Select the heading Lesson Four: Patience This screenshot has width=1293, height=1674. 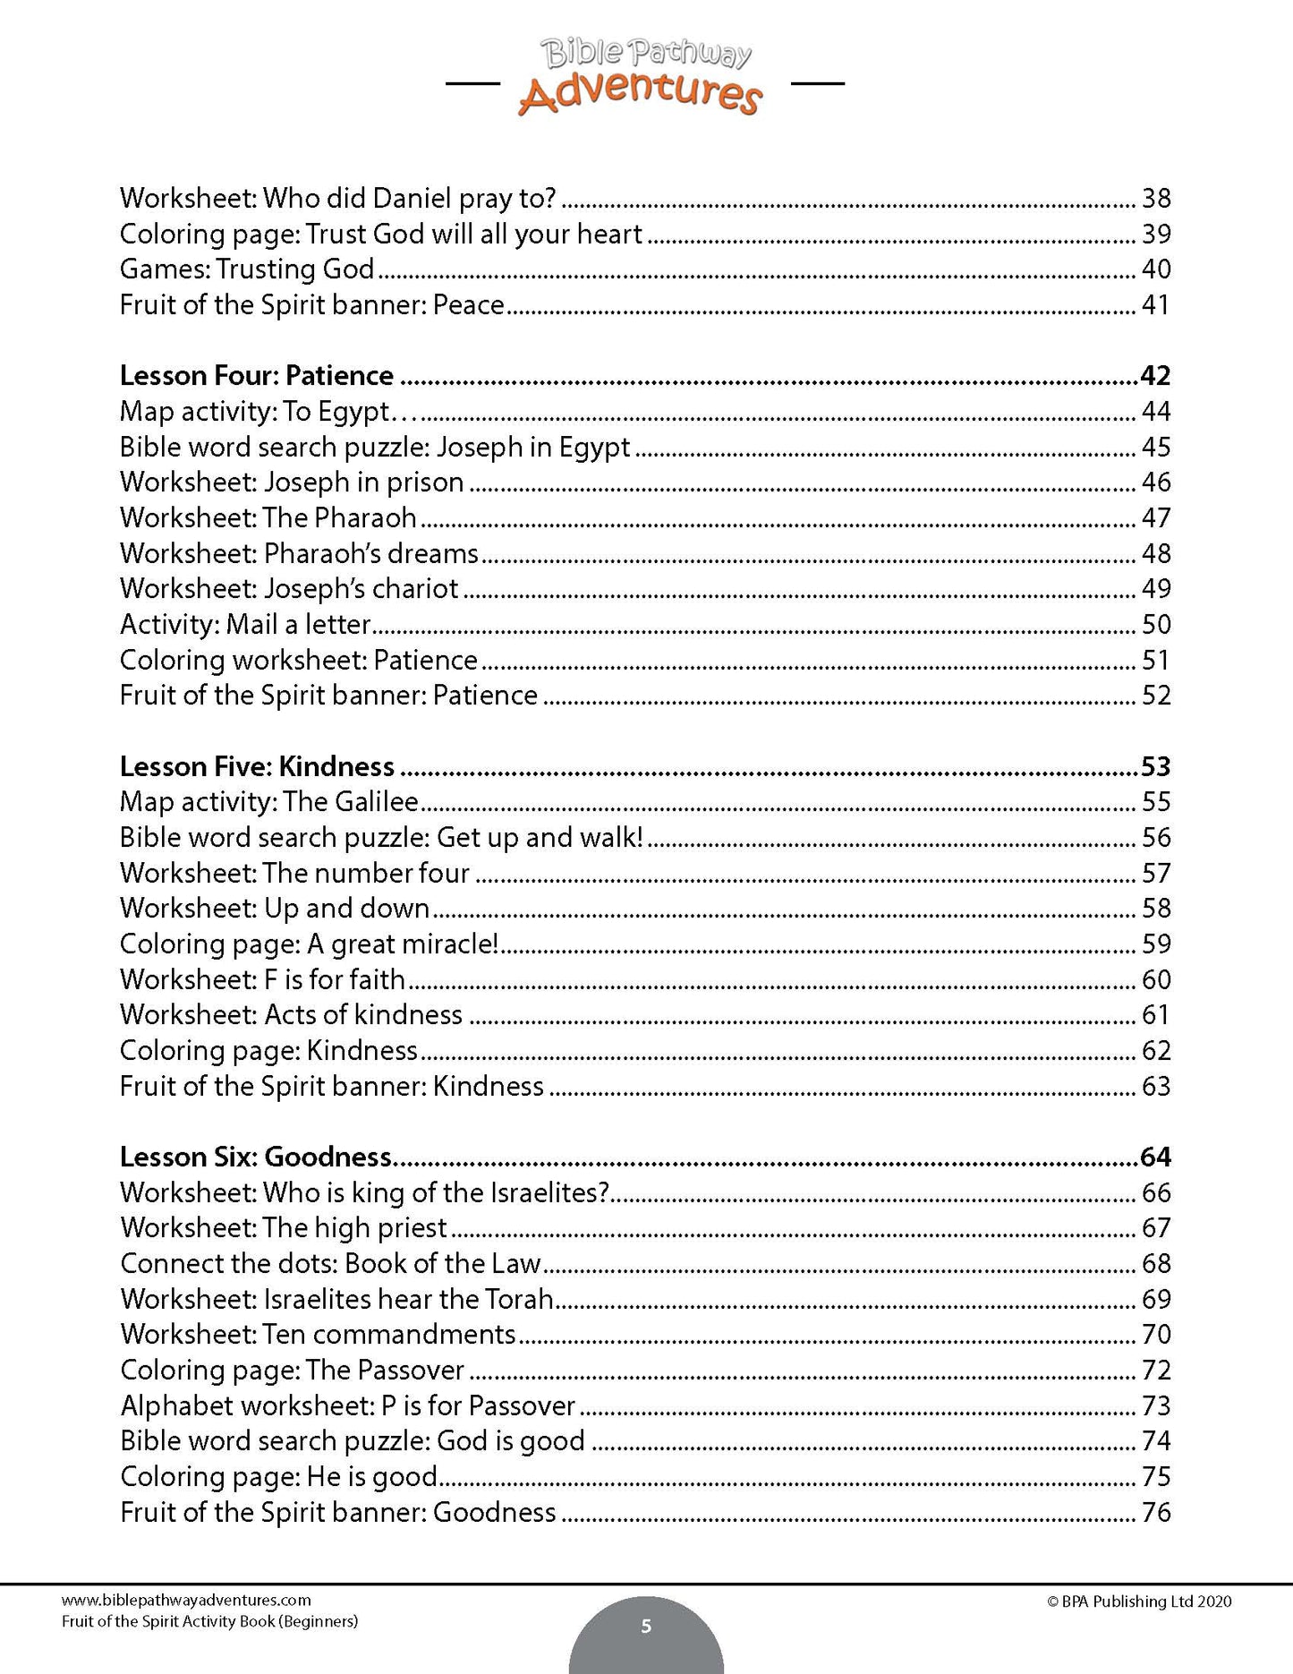coord(257,375)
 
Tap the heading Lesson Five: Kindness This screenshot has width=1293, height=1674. coord(257,766)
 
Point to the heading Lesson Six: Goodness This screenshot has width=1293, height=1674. coord(256,1157)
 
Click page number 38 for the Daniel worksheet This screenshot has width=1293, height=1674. coord(1156,198)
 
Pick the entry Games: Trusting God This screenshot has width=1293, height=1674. coord(247,269)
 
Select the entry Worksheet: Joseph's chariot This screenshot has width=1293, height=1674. coord(289,588)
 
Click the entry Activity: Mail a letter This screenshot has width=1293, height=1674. coord(245,624)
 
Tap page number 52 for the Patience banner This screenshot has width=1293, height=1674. coord(1156,696)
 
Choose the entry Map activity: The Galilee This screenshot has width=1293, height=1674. coord(269,801)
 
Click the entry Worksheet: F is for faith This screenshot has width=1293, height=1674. coord(263,979)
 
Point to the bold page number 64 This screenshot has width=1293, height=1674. coord(1155,1157)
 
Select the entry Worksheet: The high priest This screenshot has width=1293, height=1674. coord(284,1227)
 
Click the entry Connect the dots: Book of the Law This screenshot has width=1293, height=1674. coord(331,1263)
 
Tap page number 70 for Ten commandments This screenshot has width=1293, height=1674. coord(1156,1334)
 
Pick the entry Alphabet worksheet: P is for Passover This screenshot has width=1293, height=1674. coord(348,1405)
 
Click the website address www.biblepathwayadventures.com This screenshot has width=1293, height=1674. coord(186,1601)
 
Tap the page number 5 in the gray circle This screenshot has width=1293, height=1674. coord(646,1627)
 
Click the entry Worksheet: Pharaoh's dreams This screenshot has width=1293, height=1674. coord(300,553)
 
